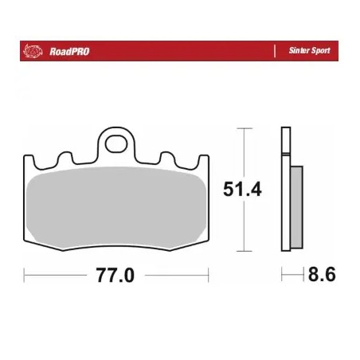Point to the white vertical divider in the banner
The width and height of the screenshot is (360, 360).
click(x=275, y=50)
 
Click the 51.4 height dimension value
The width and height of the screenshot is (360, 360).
click(x=241, y=189)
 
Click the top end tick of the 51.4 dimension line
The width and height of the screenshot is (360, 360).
click(x=241, y=128)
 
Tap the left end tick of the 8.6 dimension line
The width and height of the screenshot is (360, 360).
click(x=283, y=276)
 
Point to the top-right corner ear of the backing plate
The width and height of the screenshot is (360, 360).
click(x=205, y=159)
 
